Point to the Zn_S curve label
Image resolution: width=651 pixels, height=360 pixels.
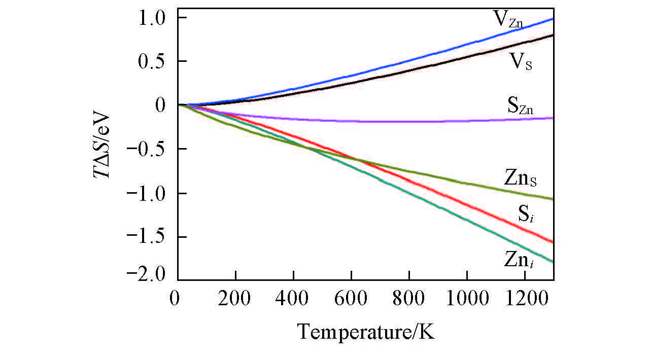[x=521, y=178]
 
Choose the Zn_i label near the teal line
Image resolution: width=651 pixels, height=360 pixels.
[x=519, y=260]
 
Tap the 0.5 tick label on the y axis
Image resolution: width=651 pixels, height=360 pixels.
[x=154, y=62]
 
